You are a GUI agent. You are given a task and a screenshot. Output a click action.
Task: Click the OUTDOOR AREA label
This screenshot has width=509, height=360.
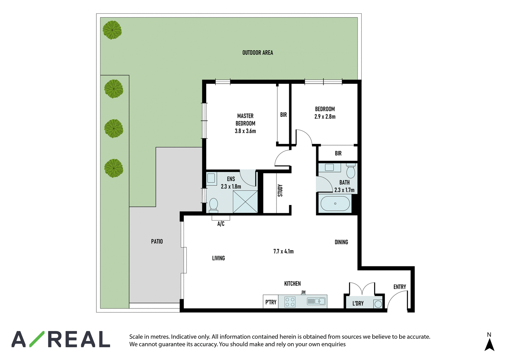pos(258,53)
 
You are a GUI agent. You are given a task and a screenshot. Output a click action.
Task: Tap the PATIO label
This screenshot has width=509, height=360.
pos(157,242)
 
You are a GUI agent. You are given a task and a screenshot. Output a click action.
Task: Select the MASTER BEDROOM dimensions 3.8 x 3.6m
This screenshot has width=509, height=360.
pos(245,131)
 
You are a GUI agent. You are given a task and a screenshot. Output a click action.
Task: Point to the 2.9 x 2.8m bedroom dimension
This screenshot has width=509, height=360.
pos(325,117)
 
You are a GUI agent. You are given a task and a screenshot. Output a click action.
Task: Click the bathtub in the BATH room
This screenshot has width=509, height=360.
pos(335,203)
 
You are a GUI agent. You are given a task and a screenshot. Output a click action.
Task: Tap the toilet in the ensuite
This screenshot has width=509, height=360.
pos(213,205)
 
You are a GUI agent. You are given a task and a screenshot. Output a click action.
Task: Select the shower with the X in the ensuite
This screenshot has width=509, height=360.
pos(245,201)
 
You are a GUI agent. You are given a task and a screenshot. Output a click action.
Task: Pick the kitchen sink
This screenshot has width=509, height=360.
pos(316,301)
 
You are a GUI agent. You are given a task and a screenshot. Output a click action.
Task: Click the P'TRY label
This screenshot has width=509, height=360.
pos(271,302)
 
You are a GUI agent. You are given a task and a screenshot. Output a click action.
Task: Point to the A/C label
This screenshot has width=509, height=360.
pos(221,224)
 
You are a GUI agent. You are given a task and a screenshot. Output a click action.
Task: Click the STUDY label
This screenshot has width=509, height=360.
pos(280,191)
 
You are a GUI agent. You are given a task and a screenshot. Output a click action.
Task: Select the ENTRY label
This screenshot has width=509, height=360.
pos(400,287)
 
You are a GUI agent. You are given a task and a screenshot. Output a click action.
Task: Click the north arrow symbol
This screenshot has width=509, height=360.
pos(490,344)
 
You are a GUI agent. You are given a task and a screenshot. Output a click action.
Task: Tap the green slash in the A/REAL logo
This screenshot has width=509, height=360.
pos(37,339)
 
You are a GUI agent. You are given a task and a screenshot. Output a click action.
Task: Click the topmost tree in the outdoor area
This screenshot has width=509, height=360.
pos(112,30)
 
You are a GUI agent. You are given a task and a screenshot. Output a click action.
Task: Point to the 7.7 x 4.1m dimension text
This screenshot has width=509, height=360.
pos(283,251)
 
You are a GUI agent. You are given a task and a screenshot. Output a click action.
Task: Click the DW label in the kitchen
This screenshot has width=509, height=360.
pos(303,292)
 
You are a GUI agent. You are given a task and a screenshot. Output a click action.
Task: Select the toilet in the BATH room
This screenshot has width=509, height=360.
pos(351,171)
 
